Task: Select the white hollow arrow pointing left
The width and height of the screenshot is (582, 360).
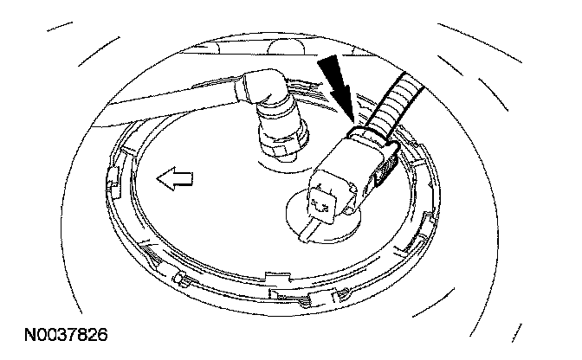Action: [174, 180]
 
